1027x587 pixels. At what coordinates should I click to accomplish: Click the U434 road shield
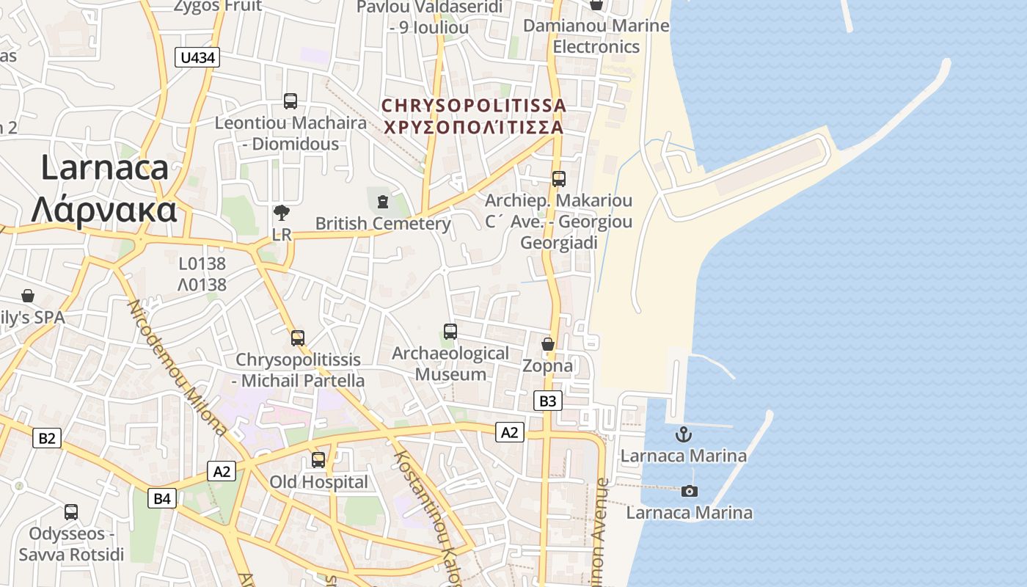(x=198, y=57)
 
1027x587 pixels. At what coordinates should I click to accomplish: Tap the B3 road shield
(x=548, y=401)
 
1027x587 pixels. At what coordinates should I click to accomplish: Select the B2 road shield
(x=46, y=438)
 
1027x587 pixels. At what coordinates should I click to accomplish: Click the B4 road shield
(x=162, y=499)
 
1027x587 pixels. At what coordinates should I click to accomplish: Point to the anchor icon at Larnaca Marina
(x=683, y=434)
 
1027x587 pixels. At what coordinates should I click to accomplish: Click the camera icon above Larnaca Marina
(x=689, y=491)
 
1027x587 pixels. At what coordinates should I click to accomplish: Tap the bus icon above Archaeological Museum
(x=450, y=332)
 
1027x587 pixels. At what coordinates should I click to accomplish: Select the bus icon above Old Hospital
(x=318, y=460)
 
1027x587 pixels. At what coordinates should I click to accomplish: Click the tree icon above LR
(x=281, y=213)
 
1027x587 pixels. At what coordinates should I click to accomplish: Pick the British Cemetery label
(x=383, y=223)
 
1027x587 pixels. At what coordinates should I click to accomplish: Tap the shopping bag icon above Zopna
(x=547, y=343)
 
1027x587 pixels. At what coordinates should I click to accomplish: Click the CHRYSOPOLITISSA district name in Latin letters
(x=474, y=106)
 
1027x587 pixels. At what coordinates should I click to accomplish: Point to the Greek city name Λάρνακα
(x=104, y=211)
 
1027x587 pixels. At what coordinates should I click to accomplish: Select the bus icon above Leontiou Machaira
(x=290, y=101)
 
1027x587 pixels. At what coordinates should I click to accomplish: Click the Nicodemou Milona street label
(x=178, y=367)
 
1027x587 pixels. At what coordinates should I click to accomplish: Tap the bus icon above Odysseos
(x=71, y=512)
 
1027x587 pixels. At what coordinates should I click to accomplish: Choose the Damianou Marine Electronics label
(x=596, y=36)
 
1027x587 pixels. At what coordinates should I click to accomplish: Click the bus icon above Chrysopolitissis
(x=298, y=338)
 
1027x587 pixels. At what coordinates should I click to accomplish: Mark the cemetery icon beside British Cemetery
(x=381, y=201)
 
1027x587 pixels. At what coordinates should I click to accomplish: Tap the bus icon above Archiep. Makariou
(x=559, y=178)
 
